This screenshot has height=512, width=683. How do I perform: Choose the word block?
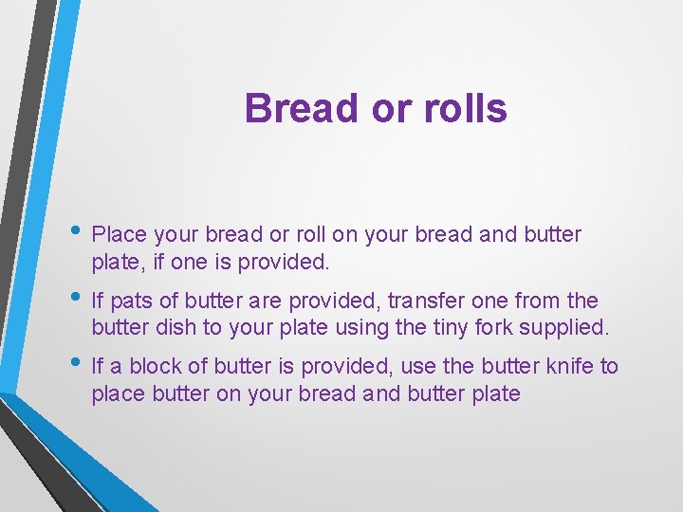(155, 367)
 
